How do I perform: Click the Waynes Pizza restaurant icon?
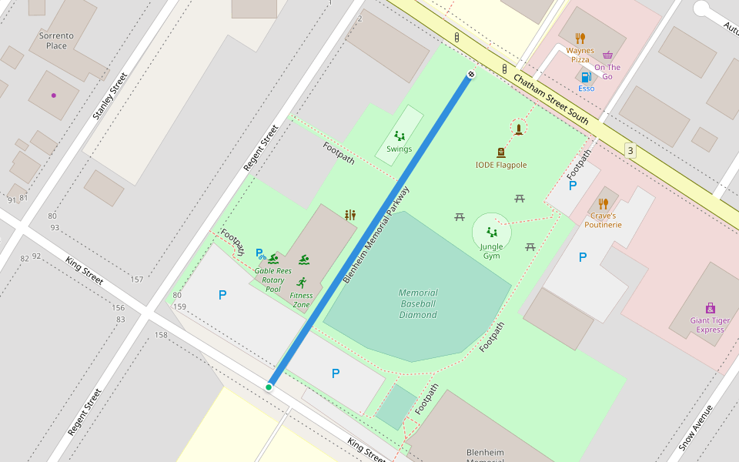pos(580,37)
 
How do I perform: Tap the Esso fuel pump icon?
pos(586,77)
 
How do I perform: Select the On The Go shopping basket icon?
pos(608,55)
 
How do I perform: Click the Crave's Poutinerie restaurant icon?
pos(604,204)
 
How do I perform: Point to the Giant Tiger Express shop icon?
pos(710,308)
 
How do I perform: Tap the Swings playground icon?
pos(400,136)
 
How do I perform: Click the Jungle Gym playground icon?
pos(491,231)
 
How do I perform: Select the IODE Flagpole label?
pos(501,165)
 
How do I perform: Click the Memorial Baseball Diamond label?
pos(418,303)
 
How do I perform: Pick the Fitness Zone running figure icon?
pos(301,282)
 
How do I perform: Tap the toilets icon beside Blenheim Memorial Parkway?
pos(351,215)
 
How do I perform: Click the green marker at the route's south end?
pos(269,387)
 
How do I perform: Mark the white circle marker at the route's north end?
pos(470,74)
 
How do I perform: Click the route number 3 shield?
pos(630,151)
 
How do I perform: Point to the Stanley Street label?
pos(109,96)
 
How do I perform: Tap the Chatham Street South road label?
pos(550,100)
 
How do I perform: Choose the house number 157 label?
pos(137,280)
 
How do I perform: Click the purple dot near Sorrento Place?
pos(53,95)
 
